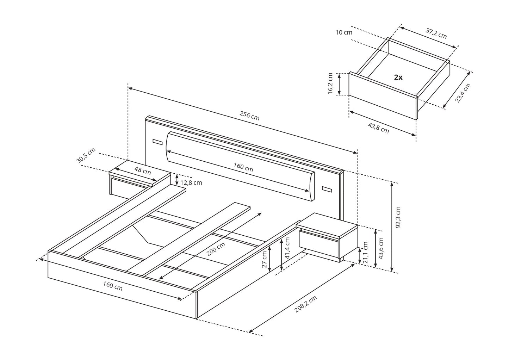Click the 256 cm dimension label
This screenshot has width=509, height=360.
(x=249, y=116)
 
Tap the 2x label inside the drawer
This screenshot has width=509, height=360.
(x=398, y=77)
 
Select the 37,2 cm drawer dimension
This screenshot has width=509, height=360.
(x=436, y=33)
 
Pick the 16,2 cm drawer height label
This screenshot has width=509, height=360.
(x=330, y=84)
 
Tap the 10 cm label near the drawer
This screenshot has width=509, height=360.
(x=344, y=32)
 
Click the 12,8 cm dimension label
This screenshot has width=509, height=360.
(x=191, y=182)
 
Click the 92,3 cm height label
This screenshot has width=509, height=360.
(x=398, y=217)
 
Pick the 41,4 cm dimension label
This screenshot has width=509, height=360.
(x=287, y=248)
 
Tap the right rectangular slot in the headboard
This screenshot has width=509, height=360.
(x=327, y=190)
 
